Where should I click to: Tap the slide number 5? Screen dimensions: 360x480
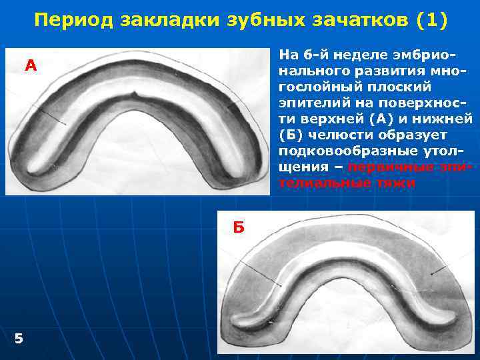(19, 339)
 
